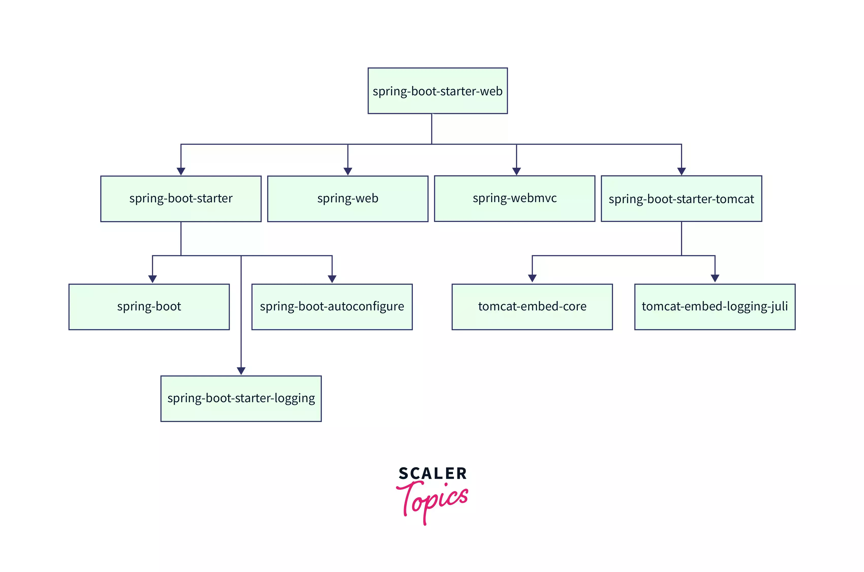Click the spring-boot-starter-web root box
pyautogui.click(x=437, y=91)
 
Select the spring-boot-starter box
pyautogui.click(x=181, y=199)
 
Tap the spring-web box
pyautogui.click(x=348, y=199)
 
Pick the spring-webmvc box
pyautogui.click(x=514, y=199)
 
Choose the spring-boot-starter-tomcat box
pyautogui.click(x=681, y=199)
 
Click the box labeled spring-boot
pyautogui.click(x=149, y=307)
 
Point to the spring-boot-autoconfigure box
pyautogui.click(x=332, y=307)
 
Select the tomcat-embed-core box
pyautogui.click(x=532, y=307)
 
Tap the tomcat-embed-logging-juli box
pyautogui.click(x=715, y=307)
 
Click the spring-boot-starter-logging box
pyautogui.click(x=241, y=398)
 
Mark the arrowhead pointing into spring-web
pyautogui.click(x=348, y=171)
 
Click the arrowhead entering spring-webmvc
pyautogui.click(x=516, y=171)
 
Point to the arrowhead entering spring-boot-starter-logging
pyautogui.click(x=241, y=371)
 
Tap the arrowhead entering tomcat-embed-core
pyautogui.click(x=532, y=279)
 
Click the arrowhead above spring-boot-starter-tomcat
pyautogui.click(x=681, y=171)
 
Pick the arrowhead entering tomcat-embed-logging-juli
pyautogui.click(x=715, y=279)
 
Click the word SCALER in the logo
pyautogui.click(x=432, y=474)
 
